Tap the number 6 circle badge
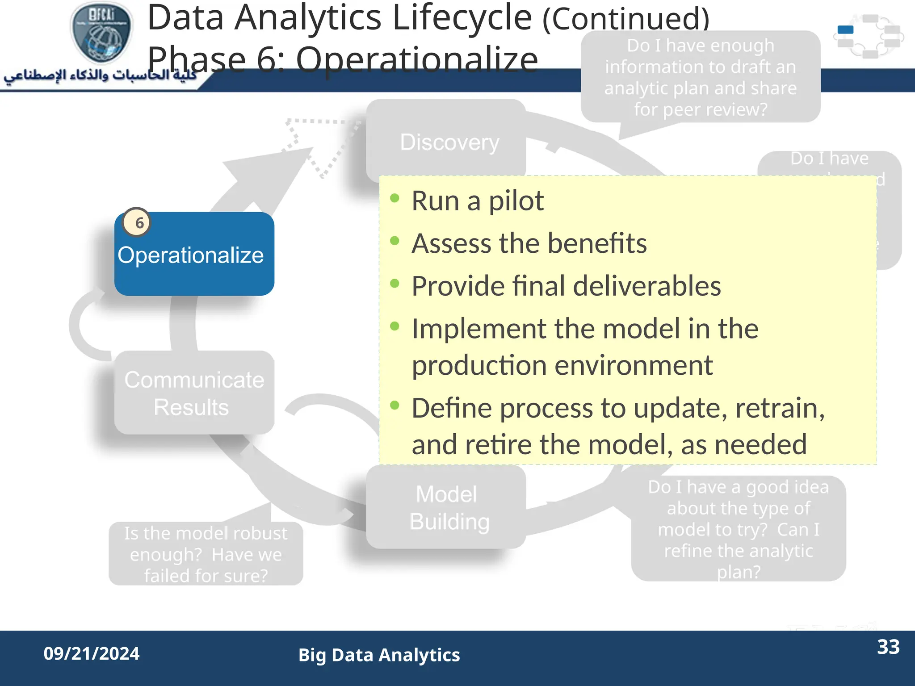point(137,222)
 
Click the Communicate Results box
point(194,393)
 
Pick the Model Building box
point(447,508)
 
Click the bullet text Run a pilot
point(477,201)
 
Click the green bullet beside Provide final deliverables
point(394,284)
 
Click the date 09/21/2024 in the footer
point(91,653)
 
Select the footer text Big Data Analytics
point(379,655)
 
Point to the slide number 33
point(888,647)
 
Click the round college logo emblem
point(102,32)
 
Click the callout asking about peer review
point(700,77)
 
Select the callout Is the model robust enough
point(206,554)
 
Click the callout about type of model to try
point(738,529)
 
